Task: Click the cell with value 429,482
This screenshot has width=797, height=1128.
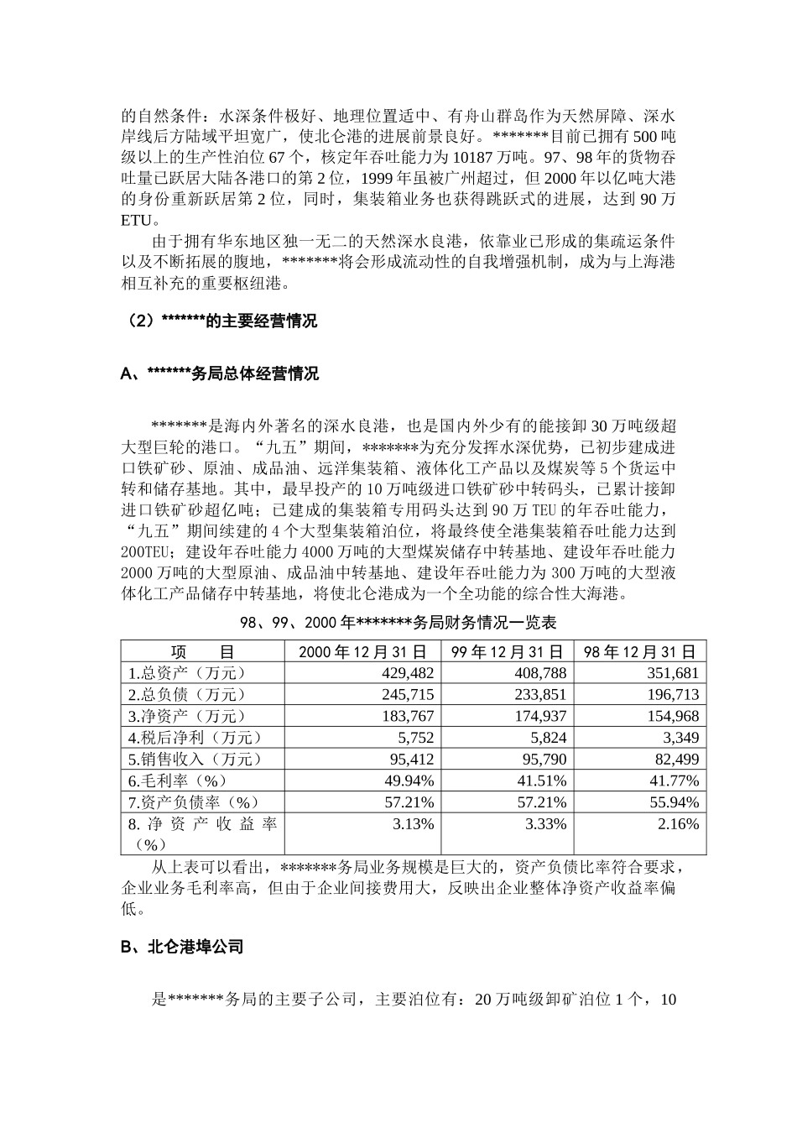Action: (x=404, y=673)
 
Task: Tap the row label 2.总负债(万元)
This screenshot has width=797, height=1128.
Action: (x=187, y=695)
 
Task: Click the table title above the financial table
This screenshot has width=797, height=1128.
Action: (x=398, y=624)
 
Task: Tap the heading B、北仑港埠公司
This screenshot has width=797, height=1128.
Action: (x=182, y=947)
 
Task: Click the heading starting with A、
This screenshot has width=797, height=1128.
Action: (x=219, y=373)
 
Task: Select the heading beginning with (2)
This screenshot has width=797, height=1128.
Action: (x=219, y=321)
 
